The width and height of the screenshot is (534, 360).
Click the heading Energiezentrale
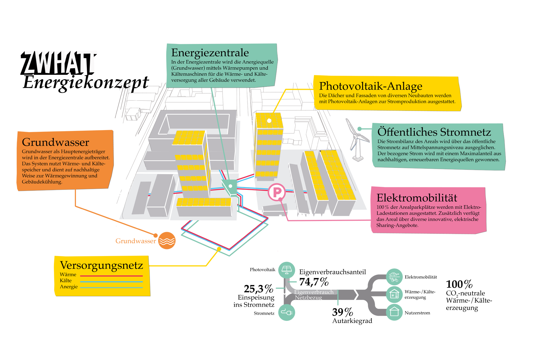point(210,53)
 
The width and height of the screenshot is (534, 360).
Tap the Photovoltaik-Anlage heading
point(370,86)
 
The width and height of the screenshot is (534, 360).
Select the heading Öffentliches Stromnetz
point(434,132)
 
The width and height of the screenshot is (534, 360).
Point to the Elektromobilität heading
point(417,198)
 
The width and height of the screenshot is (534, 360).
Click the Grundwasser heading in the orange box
point(55,142)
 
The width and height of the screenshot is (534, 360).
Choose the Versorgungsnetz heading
point(102,265)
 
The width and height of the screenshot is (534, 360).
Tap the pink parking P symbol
point(277,192)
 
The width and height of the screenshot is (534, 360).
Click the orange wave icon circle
point(167,240)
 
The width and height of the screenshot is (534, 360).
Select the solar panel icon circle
point(286,270)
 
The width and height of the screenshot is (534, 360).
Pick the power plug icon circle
point(286,312)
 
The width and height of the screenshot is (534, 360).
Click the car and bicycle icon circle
point(394,277)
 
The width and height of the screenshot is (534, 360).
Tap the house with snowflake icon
point(394,294)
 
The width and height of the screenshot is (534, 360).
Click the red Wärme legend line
point(111,276)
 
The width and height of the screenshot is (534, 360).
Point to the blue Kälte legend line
point(111,282)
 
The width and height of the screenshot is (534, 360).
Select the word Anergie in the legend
point(69,287)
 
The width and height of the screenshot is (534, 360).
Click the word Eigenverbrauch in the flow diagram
point(314,292)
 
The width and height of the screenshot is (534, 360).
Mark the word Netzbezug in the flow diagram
point(308,297)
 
